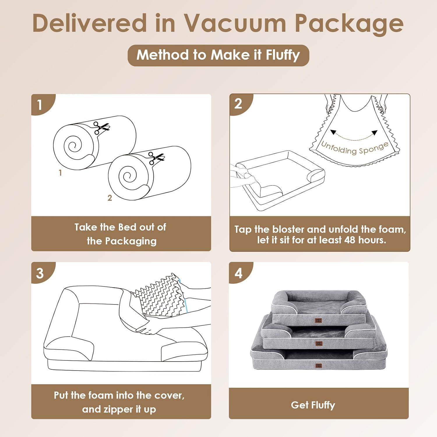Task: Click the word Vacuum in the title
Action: tap(234, 23)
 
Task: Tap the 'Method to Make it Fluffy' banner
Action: tap(218, 55)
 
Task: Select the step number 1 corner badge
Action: tap(40, 105)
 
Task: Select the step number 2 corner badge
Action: tap(238, 104)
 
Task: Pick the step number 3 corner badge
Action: tap(40, 273)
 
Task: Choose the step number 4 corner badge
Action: tap(239, 273)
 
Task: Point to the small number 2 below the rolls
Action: tap(110, 198)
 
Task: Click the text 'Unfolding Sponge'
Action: tap(355, 148)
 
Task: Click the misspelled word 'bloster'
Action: tap(288, 229)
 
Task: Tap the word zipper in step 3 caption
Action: tap(112, 409)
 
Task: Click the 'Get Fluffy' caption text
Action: tap(313, 405)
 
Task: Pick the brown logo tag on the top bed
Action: tap(318, 320)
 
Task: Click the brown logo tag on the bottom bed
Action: tap(319, 365)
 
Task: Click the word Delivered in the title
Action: tap(90, 23)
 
